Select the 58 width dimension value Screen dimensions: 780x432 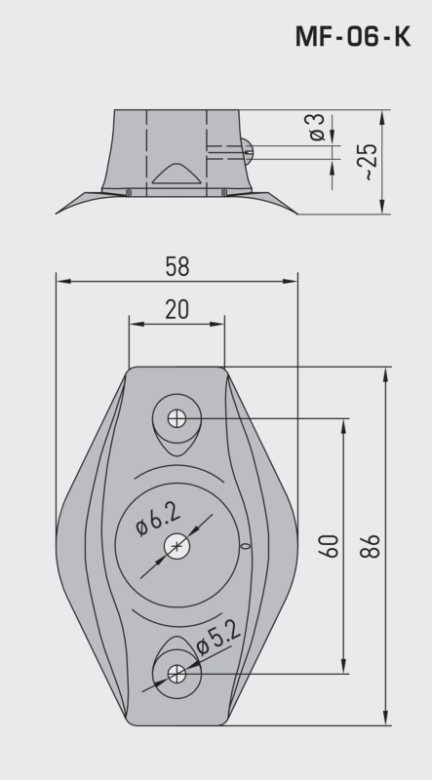tap(177, 266)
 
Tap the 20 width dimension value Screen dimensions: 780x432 tap(177, 310)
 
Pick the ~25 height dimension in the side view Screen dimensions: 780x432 tap(365, 163)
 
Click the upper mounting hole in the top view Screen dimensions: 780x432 tap(177, 418)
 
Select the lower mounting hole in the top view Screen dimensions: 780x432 tap(177, 673)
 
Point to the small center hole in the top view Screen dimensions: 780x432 tap(177, 546)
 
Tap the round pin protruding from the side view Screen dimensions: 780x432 tap(248, 148)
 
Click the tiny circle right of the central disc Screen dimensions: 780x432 tap(248, 546)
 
